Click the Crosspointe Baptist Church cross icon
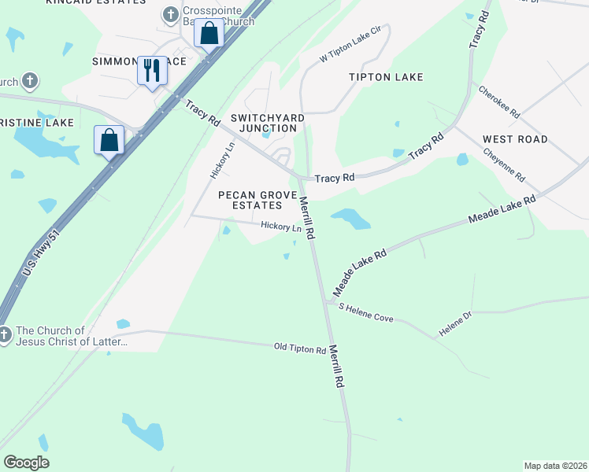(170, 14)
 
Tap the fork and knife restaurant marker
(152, 70)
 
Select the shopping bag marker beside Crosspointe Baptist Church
(209, 34)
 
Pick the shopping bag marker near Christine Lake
(109, 140)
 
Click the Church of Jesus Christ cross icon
(5, 336)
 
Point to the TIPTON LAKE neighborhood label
(387, 77)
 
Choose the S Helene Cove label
(366, 312)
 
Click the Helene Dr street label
(454, 325)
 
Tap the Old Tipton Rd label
(300, 348)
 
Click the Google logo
(26, 463)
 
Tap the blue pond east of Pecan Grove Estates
(350, 219)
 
